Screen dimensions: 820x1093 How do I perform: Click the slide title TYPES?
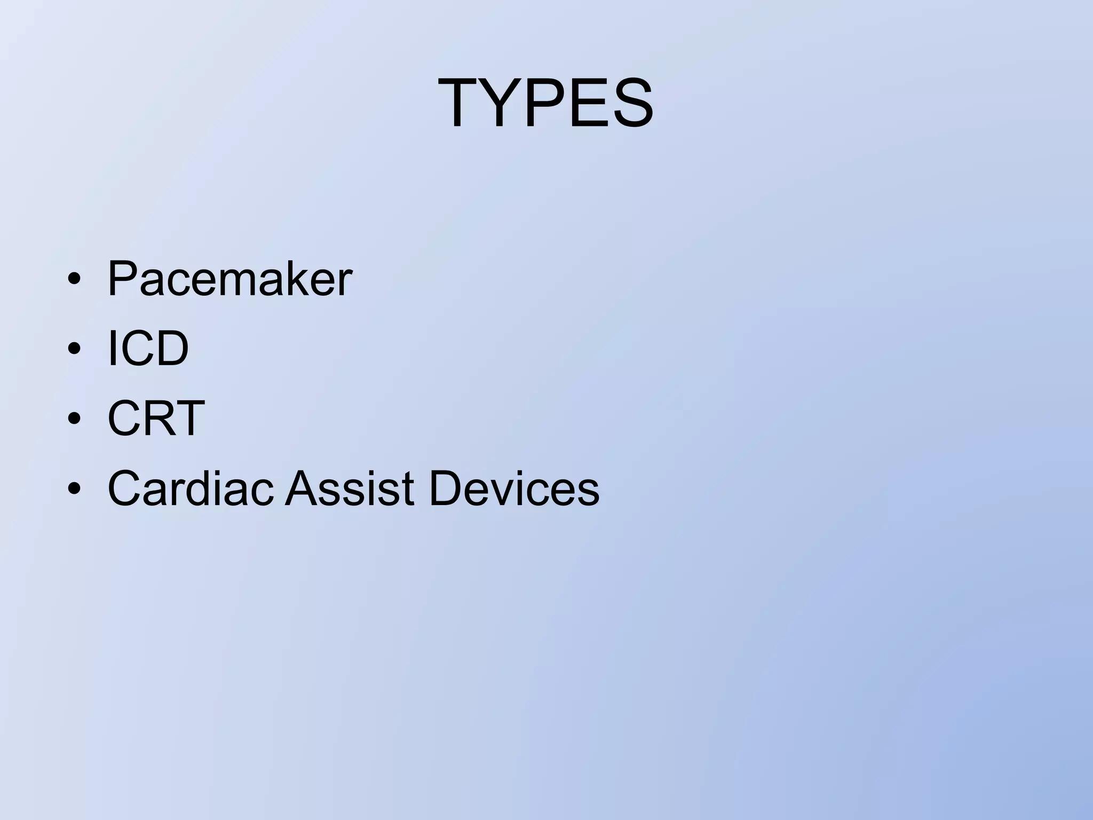click(545, 103)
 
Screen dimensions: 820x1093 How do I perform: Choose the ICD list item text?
click(148, 348)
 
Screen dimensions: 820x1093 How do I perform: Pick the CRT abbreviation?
click(156, 418)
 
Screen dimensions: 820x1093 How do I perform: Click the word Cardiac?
click(191, 488)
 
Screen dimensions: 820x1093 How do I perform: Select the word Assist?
click(350, 488)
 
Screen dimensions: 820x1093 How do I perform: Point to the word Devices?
click(514, 488)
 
